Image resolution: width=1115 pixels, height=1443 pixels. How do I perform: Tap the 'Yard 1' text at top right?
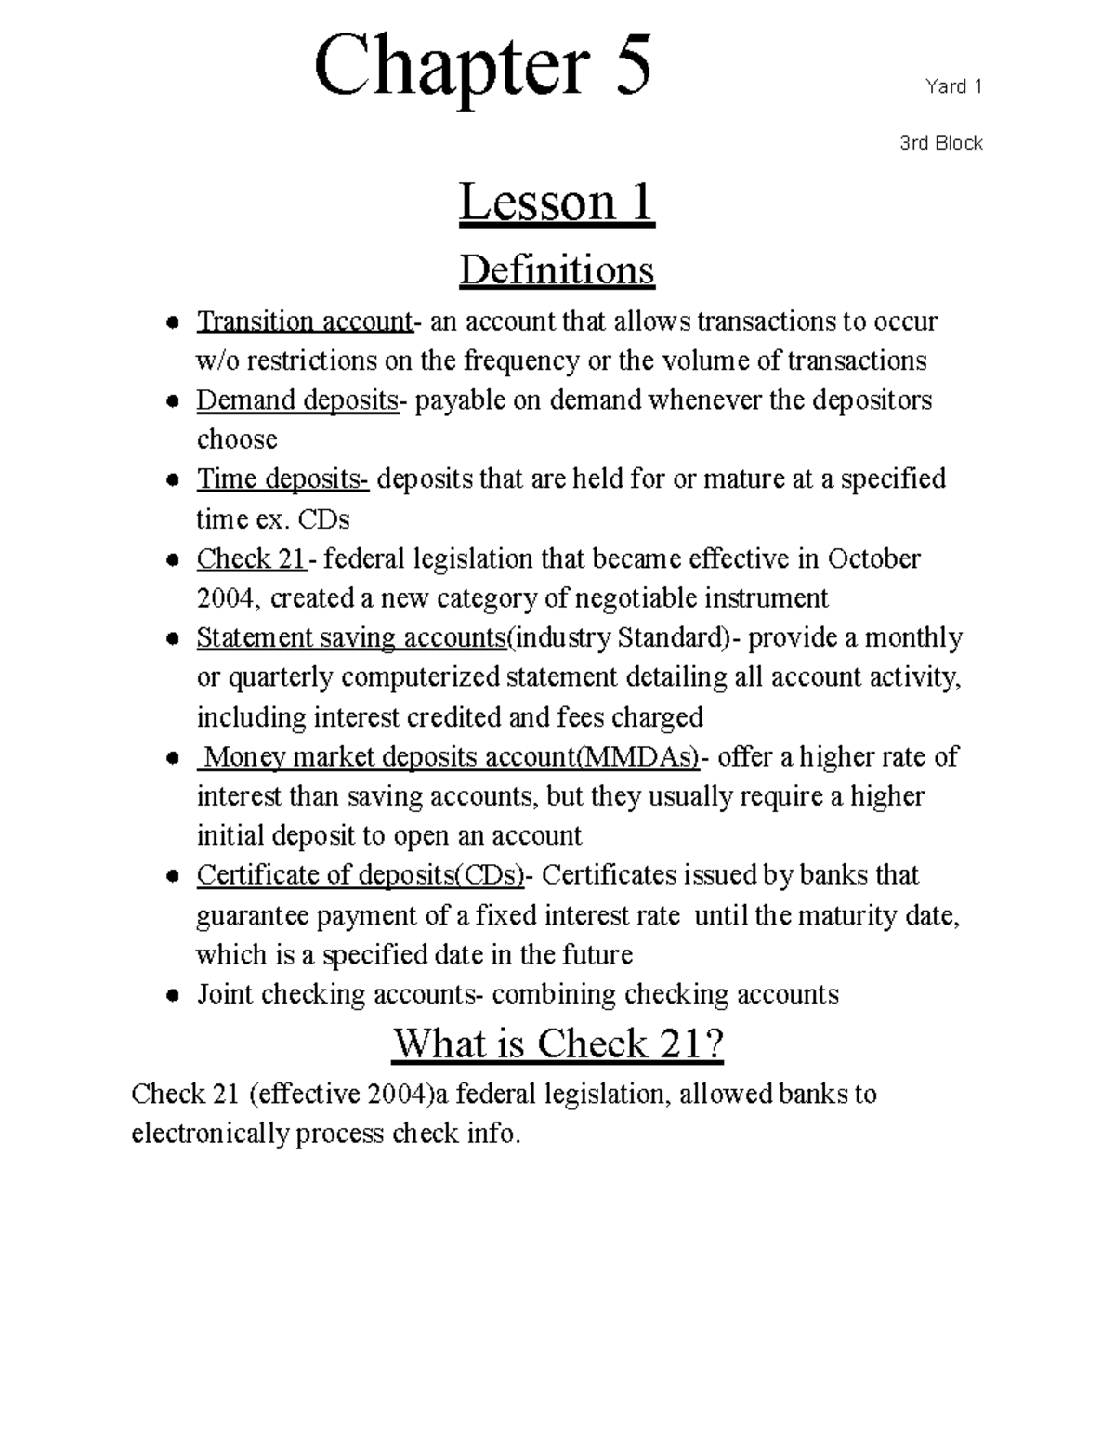(953, 87)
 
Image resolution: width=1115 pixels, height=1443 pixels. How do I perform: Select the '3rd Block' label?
(940, 143)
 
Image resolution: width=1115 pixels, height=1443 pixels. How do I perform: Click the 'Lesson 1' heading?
(557, 203)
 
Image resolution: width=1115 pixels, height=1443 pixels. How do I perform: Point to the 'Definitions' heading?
(557, 270)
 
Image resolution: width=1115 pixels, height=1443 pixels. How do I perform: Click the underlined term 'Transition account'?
(304, 321)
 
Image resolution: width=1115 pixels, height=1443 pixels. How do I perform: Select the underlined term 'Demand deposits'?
(297, 400)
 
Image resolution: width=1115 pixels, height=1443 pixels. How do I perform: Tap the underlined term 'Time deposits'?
(282, 479)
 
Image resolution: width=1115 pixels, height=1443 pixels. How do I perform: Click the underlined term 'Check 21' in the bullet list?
(251, 559)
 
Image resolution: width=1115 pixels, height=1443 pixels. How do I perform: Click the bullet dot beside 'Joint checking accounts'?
(172, 996)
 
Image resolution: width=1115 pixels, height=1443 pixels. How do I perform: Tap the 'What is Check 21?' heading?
(557, 1044)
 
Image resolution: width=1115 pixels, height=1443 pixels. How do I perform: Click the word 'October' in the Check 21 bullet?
(873, 559)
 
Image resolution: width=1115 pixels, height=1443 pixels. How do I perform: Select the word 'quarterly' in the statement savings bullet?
(279, 677)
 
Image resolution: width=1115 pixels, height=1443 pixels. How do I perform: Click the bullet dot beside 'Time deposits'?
(172, 481)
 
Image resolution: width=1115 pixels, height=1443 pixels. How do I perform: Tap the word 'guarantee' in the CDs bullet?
(252, 916)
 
